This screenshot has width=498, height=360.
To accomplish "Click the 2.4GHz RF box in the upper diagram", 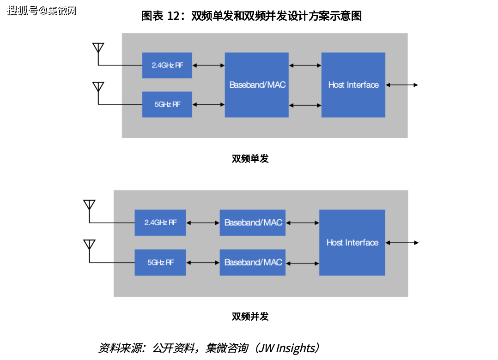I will (167, 65).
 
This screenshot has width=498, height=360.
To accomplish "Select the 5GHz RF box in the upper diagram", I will (167, 104).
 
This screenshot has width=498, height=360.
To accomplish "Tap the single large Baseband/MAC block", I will (257, 84).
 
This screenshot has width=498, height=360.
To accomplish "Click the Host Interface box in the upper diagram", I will (353, 84).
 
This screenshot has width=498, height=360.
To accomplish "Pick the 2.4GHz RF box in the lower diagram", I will (160, 222).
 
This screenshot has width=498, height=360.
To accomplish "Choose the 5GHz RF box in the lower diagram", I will (160, 262).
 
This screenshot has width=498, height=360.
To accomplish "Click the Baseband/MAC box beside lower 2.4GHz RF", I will (253, 222).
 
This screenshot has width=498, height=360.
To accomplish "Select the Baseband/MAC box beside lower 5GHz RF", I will (253, 262).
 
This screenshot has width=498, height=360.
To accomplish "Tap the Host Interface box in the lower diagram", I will (352, 242).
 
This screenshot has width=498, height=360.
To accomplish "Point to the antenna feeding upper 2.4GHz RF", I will (98, 48).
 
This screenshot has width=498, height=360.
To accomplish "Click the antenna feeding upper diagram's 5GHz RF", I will (98, 88).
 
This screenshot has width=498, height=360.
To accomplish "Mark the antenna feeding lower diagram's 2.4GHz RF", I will (89, 205).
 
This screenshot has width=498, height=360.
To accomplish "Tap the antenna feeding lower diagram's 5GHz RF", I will (89, 245).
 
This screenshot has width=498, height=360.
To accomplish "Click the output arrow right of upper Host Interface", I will (402, 85).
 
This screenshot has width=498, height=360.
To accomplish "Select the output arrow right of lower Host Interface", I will (402, 243).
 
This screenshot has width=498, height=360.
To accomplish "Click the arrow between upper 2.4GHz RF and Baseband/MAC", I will (208, 66).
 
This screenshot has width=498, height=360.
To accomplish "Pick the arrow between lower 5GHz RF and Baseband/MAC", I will (203, 263).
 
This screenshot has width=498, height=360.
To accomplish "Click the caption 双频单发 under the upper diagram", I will (250, 159).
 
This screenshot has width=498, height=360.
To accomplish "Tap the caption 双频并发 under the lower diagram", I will (250, 317).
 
